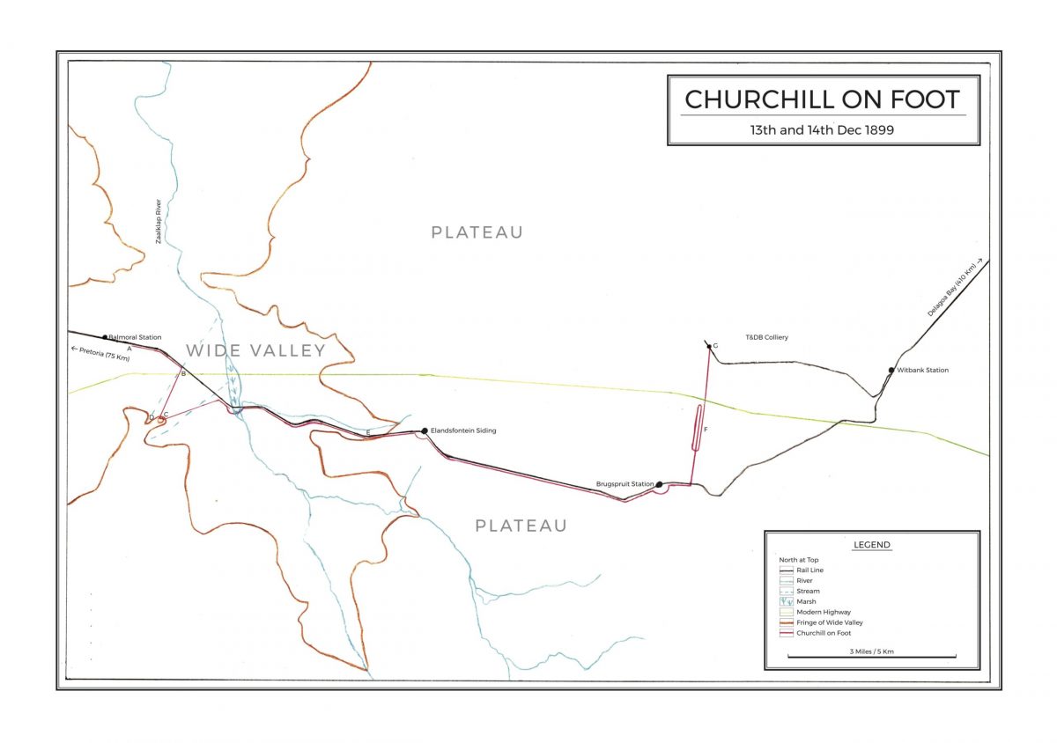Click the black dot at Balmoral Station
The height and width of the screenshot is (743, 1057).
pos(105,337)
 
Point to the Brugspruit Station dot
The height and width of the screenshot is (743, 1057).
pos(659,483)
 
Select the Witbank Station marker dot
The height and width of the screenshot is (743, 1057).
pos(891,371)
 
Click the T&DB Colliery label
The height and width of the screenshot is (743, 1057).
pos(766,337)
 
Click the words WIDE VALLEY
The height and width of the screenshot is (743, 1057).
pos(255,350)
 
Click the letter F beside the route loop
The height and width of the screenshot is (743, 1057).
pos(706,429)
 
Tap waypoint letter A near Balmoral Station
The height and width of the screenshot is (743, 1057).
pos(129,349)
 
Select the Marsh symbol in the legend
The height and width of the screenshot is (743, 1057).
pos(787,601)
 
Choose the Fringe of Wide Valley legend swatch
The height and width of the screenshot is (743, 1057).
pos(787,622)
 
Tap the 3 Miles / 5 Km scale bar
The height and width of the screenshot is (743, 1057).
pos(871,656)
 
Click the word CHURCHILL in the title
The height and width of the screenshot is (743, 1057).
pos(758,99)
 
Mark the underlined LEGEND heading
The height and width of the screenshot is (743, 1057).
pos(871,545)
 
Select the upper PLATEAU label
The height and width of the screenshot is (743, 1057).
pos(477,232)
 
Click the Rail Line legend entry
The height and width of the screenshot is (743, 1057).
pos(810,570)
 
